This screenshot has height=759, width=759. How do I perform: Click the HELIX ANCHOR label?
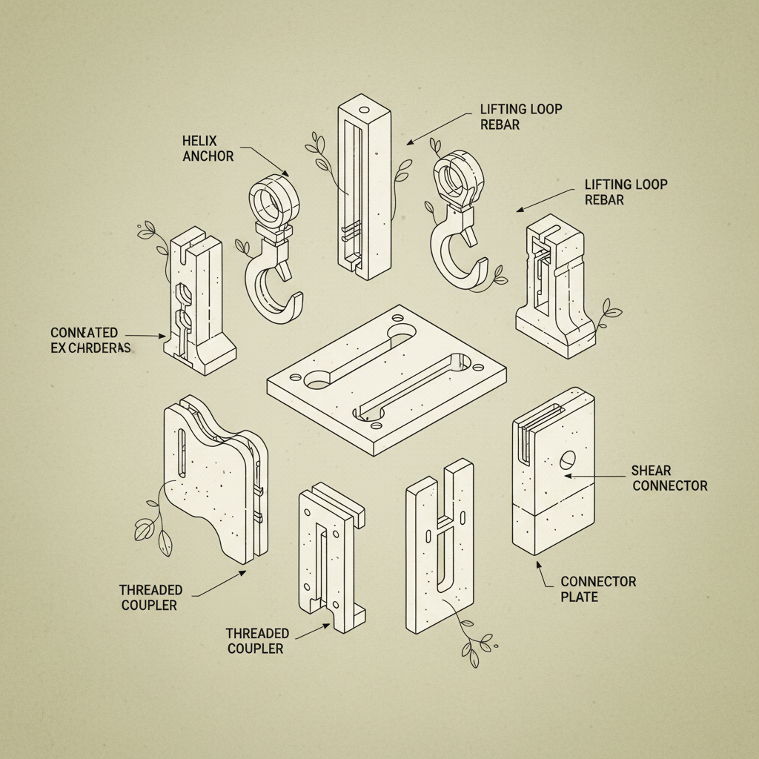208,148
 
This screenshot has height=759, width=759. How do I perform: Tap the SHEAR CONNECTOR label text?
669,478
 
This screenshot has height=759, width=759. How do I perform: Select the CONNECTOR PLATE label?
597,589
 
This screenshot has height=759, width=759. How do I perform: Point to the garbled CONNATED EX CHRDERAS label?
90,340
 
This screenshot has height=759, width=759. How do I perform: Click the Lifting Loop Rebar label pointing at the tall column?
521,116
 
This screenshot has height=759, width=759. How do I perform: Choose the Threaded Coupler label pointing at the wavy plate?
150,597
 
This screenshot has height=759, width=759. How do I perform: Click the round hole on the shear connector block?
567,460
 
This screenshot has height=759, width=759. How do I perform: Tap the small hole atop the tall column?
364,109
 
